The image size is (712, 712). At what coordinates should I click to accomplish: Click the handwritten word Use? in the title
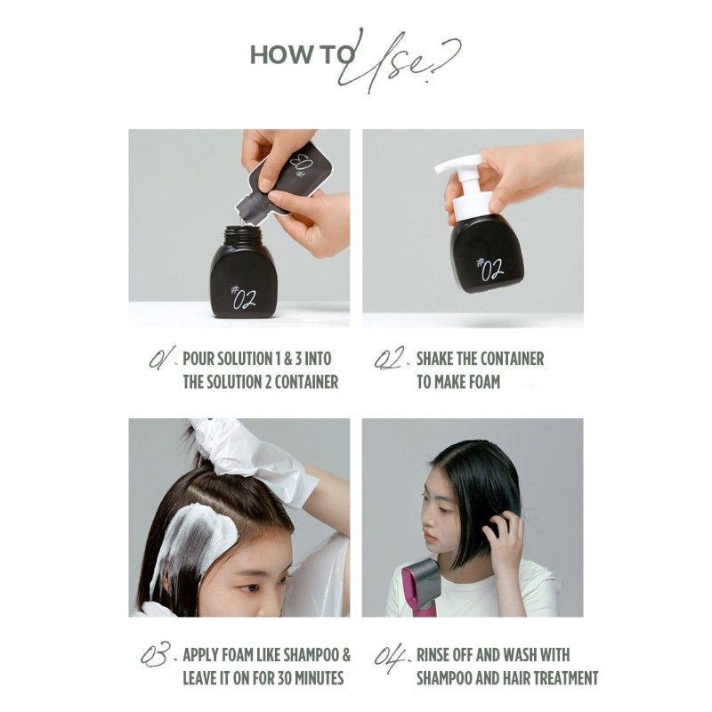(x=405, y=62)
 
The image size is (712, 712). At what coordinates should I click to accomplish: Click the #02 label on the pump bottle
(x=489, y=267)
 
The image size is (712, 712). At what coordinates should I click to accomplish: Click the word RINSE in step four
(x=438, y=656)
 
